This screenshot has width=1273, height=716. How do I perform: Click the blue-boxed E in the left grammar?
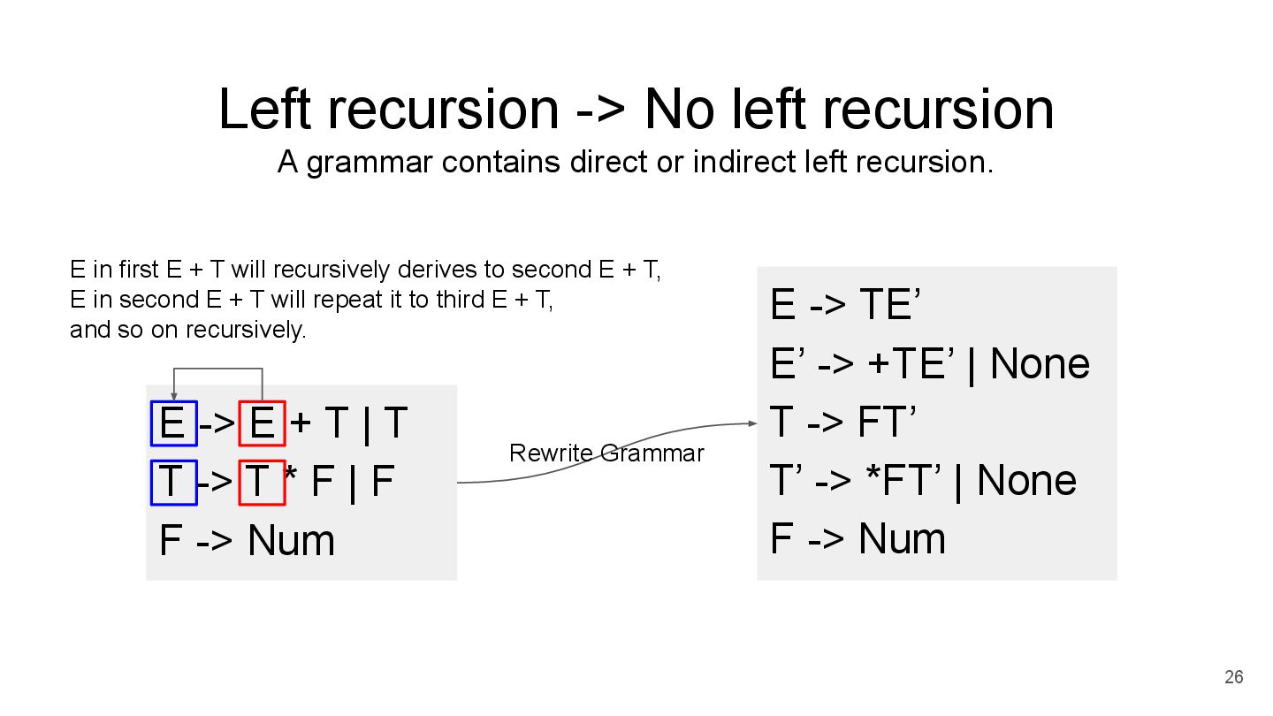pyautogui.click(x=173, y=423)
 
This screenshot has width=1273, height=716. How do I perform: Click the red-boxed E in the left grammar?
pyautogui.click(x=262, y=423)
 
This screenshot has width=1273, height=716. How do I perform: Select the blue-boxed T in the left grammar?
pyautogui.click(x=173, y=483)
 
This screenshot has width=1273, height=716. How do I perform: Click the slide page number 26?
pyautogui.click(x=1233, y=677)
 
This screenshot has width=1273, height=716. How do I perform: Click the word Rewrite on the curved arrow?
pyautogui.click(x=552, y=453)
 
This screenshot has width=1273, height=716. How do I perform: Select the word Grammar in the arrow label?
pyautogui.click(x=652, y=453)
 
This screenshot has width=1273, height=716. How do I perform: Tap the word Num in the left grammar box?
pyautogui.click(x=292, y=541)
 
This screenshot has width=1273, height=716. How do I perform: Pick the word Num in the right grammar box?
pyautogui.click(x=902, y=539)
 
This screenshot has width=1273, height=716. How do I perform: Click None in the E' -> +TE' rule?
pyautogui.click(x=1040, y=363)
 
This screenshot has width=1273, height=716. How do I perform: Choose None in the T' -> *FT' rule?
pyautogui.click(x=1026, y=481)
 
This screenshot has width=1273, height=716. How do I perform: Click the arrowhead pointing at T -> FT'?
pyautogui.click(x=752, y=423)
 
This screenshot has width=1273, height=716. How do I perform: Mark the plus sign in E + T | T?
pyautogui.click(x=301, y=424)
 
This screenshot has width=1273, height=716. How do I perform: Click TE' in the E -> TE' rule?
pyautogui.click(x=890, y=306)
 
